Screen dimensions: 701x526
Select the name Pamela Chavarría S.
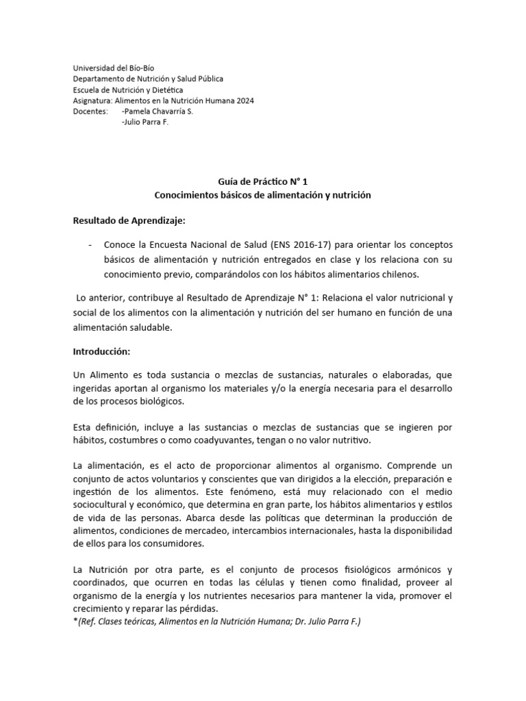tap(157, 111)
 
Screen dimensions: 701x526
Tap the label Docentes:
tap(90, 111)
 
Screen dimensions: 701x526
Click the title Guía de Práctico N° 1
tap(262, 181)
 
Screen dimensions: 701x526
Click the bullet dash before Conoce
tap(91, 245)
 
